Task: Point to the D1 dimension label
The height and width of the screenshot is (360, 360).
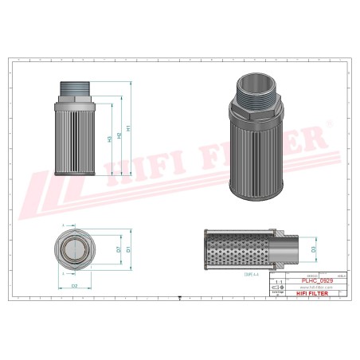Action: [128, 248]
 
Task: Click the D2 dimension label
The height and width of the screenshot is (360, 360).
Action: [75, 285]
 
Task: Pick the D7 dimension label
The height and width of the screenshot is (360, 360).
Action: [119, 248]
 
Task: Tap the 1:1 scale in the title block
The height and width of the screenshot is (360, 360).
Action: [277, 282]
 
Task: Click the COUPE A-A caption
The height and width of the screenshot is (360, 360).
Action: [241, 274]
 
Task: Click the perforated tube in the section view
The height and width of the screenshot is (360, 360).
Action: [239, 248]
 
